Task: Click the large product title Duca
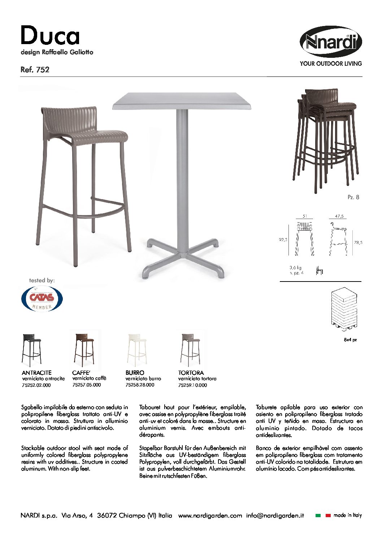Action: coord(50,36)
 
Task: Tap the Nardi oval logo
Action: coord(331,42)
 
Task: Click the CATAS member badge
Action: coord(42,299)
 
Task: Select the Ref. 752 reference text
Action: coord(35,70)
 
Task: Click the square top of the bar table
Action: coord(182,101)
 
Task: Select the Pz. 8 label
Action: coord(353,197)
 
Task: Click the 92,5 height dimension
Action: coord(283,240)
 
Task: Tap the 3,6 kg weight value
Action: coord(295,268)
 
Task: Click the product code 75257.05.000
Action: coord(87,385)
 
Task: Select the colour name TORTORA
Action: coord(191,373)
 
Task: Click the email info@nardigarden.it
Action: coord(275,516)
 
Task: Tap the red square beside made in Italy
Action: coord(328,516)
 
